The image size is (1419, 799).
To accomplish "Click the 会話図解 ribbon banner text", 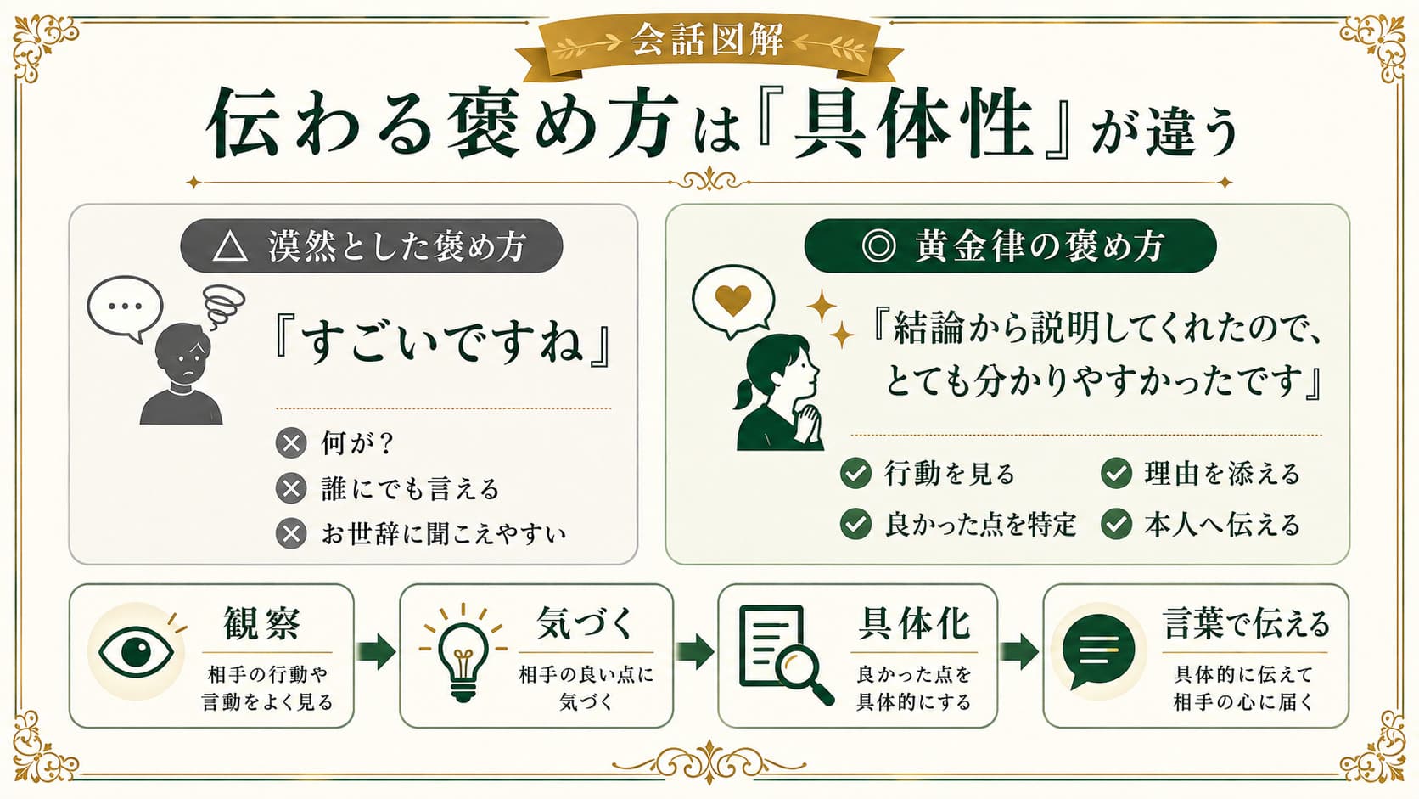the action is click(708, 40).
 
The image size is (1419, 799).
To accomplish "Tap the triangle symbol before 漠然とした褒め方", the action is click(230, 246).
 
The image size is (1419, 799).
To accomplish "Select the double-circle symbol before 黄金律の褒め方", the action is click(879, 246).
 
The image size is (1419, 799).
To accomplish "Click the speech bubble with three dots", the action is click(125, 308).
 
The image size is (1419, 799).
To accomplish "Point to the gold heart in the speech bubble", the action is click(733, 298).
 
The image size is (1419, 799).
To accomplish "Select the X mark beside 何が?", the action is click(291, 443).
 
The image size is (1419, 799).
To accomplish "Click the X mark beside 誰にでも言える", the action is click(291, 488).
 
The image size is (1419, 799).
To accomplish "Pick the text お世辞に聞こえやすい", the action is click(443, 534).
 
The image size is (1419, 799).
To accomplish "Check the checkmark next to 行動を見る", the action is click(855, 473).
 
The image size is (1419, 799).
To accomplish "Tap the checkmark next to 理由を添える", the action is click(1116, 473).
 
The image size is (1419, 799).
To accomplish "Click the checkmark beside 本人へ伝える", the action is click(1116, 525).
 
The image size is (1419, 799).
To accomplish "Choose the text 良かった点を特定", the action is click(980, 525).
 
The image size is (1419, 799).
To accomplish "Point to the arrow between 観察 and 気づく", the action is click(376, 650).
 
